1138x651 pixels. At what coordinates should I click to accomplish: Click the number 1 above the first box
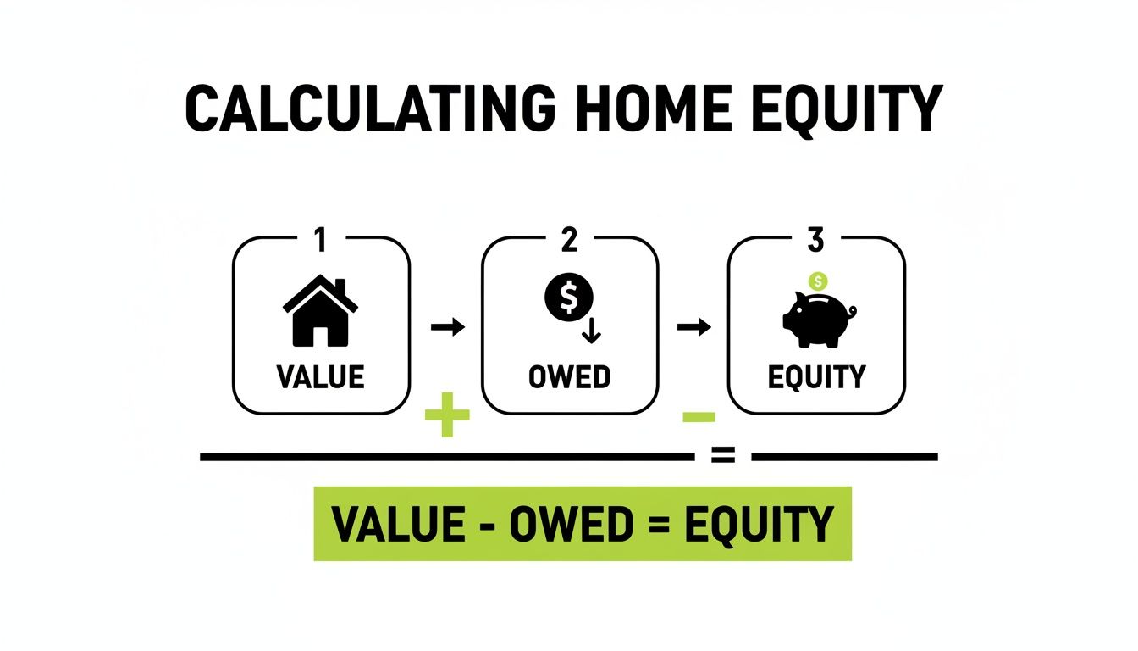pyautogui.click(x=320, y=242)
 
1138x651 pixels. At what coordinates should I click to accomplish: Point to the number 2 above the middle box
pyautogui.click(x=569, y=242)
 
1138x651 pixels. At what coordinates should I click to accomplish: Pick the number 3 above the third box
pyautogui.click(x=815, y=242)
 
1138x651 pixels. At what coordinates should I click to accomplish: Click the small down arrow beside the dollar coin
pyautogui.click(x=592, y=331)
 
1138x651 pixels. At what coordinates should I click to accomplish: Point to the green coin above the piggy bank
pyautogui.click(x=818, y=281)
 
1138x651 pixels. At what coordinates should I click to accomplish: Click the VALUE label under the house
pyautogui.click(x=320, y=376)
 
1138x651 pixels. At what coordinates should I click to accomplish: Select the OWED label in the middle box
pyautogui.click(x=569, y=376)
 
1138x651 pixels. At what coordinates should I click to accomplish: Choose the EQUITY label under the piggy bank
pyautogui.click(x=816, y=376)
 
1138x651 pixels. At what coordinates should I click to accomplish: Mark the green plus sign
pyautogui.click(x=446, y=419)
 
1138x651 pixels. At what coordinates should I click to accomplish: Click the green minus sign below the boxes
pyautogui.click(x=699, y=416)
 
